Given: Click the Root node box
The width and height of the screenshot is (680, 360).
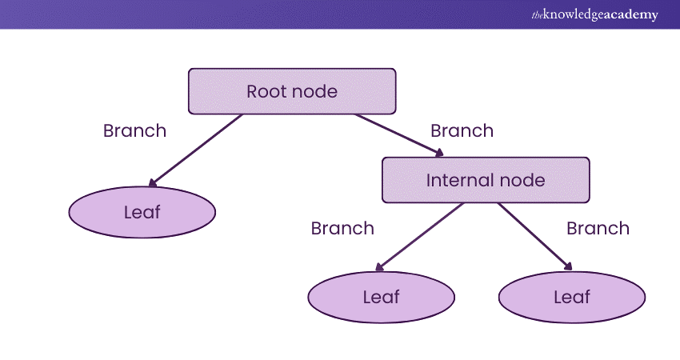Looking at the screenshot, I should tap(292, 91).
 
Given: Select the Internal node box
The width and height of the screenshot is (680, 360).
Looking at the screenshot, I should tap(486, 180).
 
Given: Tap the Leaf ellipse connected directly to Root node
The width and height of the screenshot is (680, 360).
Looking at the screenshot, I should tap(142, 212).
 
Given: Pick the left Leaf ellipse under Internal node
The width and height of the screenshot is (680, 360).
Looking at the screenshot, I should tap(381, 297).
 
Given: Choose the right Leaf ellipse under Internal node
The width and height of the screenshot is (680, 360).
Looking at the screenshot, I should tap(572, 297).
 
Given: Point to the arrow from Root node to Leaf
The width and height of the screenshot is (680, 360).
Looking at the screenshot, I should tap(195, 150).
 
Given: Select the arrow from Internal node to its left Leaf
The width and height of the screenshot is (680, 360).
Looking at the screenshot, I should tap(419, 237).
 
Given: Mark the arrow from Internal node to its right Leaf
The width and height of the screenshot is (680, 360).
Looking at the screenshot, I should tap(534, 237).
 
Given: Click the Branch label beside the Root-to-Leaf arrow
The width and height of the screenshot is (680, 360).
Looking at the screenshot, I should tap(134, 130).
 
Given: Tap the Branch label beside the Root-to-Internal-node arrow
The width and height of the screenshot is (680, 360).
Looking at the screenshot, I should tap(462, 130).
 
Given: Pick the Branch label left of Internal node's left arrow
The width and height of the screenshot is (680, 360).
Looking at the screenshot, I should tap(342, 228).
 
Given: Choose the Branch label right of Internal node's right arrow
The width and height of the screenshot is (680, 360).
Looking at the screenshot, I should tap(598, 228).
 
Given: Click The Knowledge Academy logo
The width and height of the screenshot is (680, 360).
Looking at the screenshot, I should tap(594, 14).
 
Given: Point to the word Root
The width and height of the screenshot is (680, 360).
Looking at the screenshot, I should tap(266, 91).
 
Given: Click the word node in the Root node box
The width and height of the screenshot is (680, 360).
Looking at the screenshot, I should tap(314, 91).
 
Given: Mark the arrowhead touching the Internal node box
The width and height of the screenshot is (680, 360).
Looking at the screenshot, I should tap(439, 153).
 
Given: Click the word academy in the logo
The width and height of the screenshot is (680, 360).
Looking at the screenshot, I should tap(629, 14).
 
